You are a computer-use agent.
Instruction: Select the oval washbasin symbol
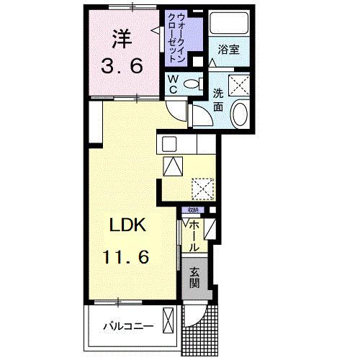click(240, 114)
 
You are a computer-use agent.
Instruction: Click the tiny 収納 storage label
click(192, 210)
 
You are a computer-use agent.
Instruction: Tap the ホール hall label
click(194, 235)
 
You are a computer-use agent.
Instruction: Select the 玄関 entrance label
click(194, 277)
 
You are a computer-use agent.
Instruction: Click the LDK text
click(127, 225)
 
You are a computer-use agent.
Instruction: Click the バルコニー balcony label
click(127, 326)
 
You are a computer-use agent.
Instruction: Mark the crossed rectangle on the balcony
click(169, 320)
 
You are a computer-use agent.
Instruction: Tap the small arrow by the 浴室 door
click(213, 63)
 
